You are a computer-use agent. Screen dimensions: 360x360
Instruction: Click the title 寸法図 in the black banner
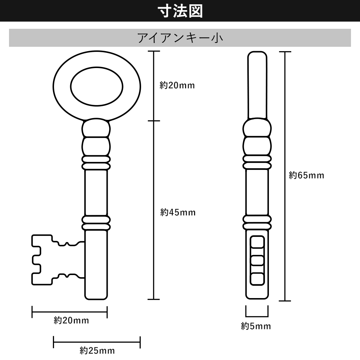point(180,11)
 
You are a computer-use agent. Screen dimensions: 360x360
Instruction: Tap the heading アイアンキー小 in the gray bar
point(180,38)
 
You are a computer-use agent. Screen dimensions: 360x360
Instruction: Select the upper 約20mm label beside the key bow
point(177,85)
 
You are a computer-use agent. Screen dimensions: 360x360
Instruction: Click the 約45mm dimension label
point(178,212)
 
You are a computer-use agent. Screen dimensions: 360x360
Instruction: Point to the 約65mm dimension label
point(306,175)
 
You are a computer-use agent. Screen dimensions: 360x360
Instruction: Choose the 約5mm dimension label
point(256,327)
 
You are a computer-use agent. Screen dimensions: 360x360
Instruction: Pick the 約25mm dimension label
point(97,350)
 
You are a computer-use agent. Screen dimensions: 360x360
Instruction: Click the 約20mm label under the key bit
point(71,320)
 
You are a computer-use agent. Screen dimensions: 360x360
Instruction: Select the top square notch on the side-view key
point(257,242)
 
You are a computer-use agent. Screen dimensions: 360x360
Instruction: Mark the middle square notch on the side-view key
point(257,260)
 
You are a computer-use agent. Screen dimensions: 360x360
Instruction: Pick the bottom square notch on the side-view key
point(257,278)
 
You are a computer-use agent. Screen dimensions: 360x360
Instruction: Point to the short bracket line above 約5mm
point(257,314)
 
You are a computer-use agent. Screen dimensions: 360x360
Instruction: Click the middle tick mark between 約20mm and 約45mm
point(154,121)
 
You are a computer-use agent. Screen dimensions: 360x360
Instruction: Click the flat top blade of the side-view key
point(257,85)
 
